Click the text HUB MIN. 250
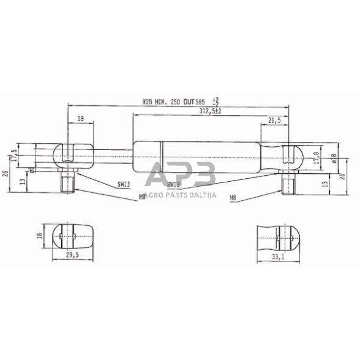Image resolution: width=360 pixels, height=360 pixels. [163, 102]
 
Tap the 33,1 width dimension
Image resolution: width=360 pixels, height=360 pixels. [279, 258]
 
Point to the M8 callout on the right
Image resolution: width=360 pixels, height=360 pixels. [233, 198]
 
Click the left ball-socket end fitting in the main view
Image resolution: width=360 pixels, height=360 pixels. [67, 157]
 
